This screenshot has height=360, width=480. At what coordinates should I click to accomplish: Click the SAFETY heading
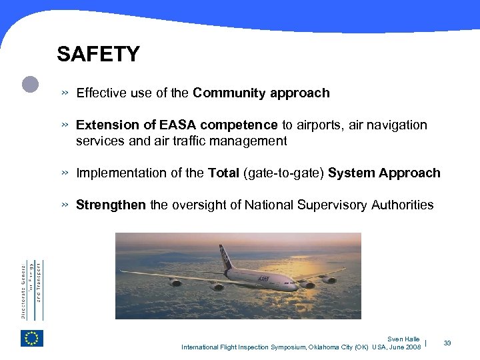tap(98, 54)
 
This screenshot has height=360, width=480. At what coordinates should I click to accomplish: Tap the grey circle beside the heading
tap(31, 84)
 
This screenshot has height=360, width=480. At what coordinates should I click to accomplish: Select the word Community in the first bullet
tap(229, 93)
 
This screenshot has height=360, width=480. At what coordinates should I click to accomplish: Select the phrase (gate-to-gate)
tap(285, 173)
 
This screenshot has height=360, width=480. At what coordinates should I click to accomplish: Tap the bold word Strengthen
tap(111, 205)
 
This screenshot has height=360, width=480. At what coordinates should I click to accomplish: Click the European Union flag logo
tap(31, 338)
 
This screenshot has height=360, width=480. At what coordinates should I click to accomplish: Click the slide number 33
tap(447, 343)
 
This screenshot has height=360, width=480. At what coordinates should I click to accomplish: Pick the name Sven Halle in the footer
tap(403, 339)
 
